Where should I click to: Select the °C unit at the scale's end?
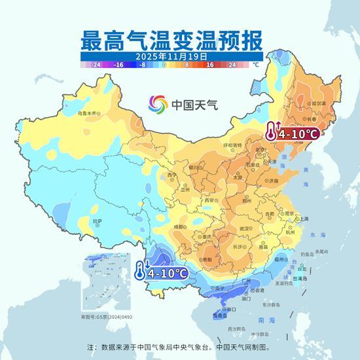coord(256,65)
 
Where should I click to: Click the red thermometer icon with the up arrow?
coord(272,132)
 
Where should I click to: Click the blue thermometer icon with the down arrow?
coord(141,269)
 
